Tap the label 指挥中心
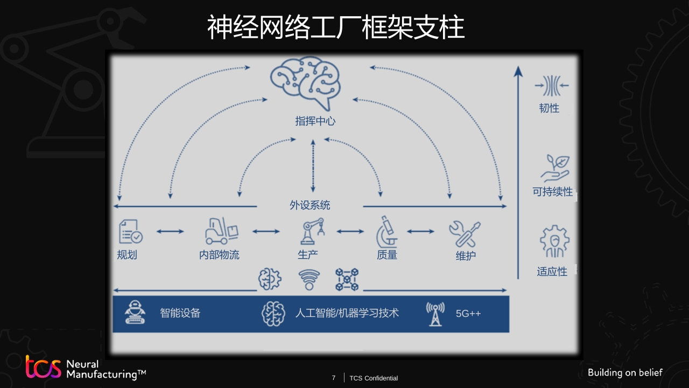[315, 121]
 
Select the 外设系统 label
[310, 205]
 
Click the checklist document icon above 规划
[131, 232]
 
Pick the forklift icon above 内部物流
[221, 231]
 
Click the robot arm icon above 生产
[312, 231]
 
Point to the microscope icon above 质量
[387, 232]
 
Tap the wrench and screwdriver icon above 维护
[465, 234]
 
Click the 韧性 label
[549, 108]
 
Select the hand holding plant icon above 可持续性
[555, 168]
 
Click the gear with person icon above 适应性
[554, 241]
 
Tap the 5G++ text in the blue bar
[468, 314]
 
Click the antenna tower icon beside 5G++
[435, 314]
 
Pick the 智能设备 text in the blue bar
[180, 313]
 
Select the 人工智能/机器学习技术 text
[347, 313]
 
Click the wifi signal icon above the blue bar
[309, 280]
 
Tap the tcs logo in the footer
[44, 366]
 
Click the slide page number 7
[334, 378]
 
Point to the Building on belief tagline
[625, 372]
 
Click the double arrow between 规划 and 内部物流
[170, 232]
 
